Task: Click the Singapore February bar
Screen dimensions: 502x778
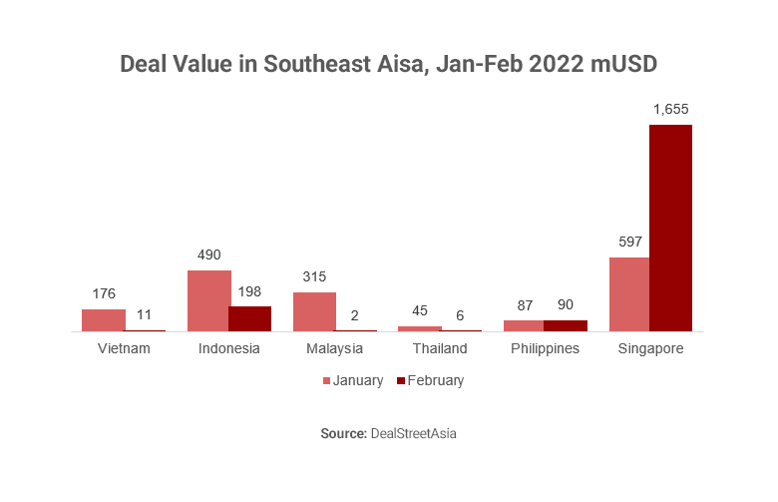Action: pos(670,228)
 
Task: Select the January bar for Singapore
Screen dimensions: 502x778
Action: pos(628,294)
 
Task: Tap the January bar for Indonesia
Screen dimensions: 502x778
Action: pos(208,300)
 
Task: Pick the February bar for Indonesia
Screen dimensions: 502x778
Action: pos(249,318)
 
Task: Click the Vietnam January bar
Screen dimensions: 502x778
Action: pos(103,320)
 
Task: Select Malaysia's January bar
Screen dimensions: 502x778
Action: pos(314,311)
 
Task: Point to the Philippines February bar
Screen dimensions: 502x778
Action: pos(565,325)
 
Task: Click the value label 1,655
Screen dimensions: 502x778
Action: pos(670,109)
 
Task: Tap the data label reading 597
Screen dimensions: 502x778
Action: pos(628,242)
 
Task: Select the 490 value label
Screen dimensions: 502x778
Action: pos(208,254)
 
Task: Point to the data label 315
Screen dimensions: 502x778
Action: pos(314,276)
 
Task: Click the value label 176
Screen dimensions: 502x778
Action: pos(103,293)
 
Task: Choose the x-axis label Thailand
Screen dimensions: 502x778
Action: pos(439,348)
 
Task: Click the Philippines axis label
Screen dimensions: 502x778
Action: pos(545,348)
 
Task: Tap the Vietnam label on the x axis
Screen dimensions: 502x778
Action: pos(124,348)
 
